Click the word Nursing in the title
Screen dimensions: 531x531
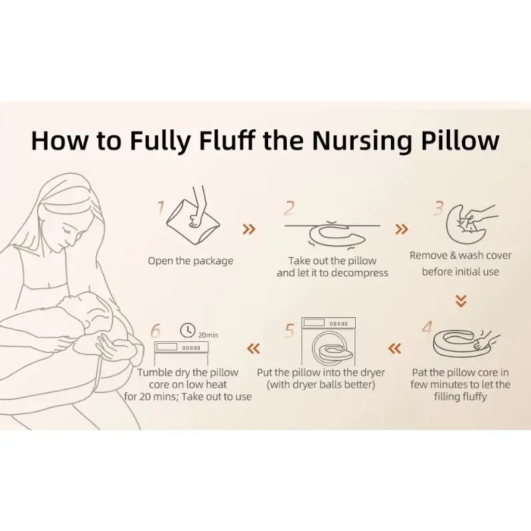[362, 140]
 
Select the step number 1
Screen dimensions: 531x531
[161, 208]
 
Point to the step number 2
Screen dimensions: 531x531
[289, 208]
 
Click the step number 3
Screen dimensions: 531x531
[439, 208]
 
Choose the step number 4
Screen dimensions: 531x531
[427, 327]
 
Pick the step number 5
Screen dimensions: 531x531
[289, 331]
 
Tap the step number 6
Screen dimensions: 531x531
[155, 331]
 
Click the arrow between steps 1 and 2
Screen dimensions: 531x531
[250, 229]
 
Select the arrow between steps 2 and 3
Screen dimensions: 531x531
[402, 229]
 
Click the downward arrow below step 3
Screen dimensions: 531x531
[461, 301]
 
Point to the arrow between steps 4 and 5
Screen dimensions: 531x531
[395, 348]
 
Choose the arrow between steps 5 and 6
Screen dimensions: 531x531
[254, 348]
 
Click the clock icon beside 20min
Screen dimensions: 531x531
[188, 330]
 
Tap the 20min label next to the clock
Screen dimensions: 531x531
[208, 335]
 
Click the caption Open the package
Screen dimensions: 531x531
[190, 261]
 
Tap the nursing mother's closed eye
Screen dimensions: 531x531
[66, 231]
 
